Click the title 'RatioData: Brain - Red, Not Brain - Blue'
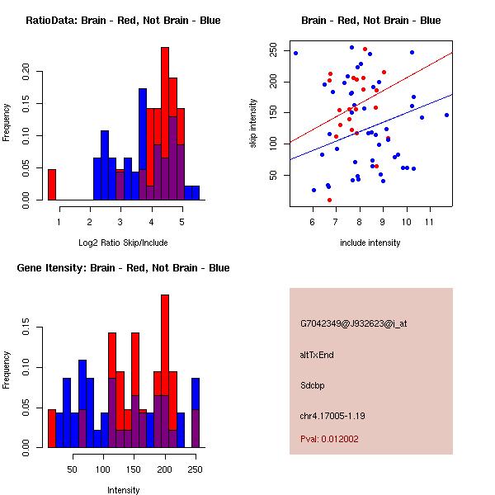(123, 21)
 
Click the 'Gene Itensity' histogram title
(123, 268)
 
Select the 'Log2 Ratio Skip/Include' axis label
(123, 243)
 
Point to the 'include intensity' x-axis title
(370, 243)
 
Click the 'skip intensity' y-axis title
(254, 124)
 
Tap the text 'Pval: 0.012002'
(329, 439)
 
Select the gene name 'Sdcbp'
(313, 384)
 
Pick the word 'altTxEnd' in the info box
(317, 354)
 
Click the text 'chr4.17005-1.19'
(332, 415)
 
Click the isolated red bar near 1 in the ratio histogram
(52, 184)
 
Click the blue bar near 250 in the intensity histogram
(196, 412)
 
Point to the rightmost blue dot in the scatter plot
(446, 115)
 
